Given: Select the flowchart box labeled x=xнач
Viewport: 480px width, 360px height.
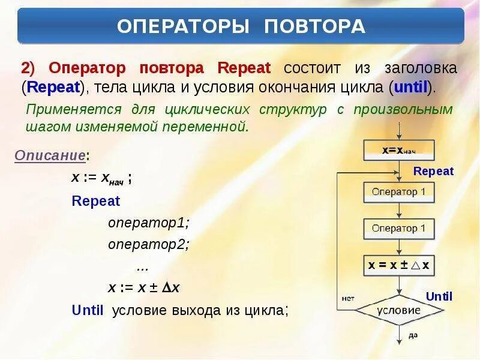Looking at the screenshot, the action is click(x=399, y=150).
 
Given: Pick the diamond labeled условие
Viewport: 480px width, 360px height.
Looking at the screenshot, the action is click(x=399, y=311).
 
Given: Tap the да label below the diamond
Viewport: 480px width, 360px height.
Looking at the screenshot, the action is click(x=413, y=335).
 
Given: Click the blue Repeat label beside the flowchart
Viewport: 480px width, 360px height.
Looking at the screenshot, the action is click(x=434, y=172).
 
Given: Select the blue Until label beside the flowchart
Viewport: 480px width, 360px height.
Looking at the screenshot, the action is click(x=439, y=296).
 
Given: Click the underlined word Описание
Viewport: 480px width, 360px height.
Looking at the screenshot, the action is click(x=50, y=155).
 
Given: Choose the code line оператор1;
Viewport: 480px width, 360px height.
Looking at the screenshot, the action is click(x=148, y=223).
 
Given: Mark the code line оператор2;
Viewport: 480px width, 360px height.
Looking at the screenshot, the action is click(x=148, y=245).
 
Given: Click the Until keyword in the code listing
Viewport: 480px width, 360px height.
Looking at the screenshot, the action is click(x=88, y=310).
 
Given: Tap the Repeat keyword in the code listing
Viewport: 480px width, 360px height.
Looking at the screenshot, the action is click(x=96, y=201).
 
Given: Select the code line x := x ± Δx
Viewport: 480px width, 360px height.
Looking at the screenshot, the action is click(x=144, y=288).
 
